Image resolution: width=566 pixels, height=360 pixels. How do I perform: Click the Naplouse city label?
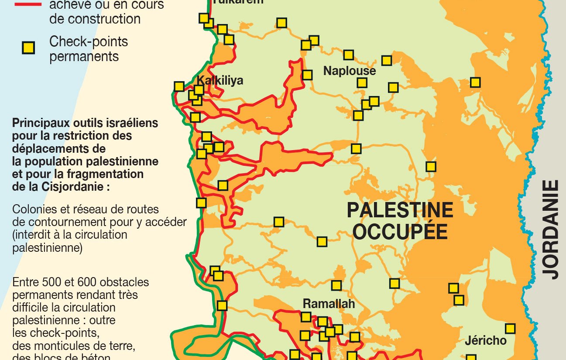point(349,71)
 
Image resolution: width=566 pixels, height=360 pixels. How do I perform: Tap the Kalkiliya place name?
point(220,80)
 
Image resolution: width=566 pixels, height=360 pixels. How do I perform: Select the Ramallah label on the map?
point(329,304)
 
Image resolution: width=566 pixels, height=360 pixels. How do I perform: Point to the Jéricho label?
point(485,340)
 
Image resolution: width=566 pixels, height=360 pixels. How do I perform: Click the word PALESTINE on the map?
point(400,210)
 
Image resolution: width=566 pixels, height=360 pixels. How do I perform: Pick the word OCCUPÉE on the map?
point(400,232)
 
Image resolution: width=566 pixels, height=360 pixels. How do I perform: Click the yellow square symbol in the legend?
point(29,48)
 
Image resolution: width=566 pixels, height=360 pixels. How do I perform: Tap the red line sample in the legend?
point(28,4)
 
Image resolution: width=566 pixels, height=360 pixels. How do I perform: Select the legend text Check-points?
point(89,42)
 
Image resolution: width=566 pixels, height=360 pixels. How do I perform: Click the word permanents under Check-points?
point(84,57)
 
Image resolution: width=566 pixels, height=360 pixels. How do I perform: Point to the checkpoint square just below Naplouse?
point(362,83)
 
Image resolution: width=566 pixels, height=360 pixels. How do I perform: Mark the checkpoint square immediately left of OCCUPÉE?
point(322,242)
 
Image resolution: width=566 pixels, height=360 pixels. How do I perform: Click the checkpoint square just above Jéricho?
point(510,329)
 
